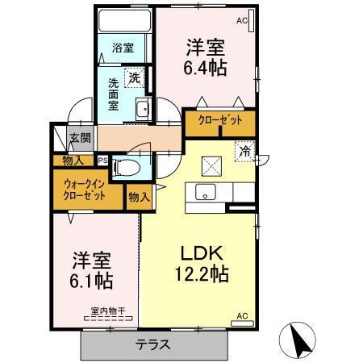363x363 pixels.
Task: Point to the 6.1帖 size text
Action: [89, 282]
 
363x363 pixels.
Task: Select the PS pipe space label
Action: [102, 160]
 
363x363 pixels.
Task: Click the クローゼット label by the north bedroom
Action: [220, 121]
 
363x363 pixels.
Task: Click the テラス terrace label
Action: [152, 344]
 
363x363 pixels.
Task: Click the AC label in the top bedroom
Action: [241, 21]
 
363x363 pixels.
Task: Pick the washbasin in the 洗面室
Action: [142, 111]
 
